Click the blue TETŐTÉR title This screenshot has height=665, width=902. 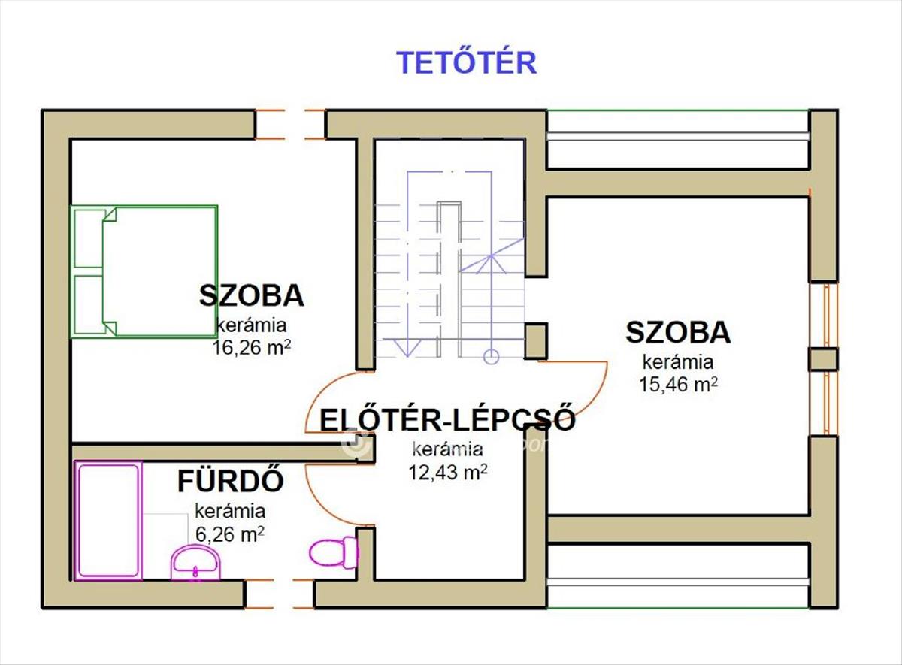pyautogui.click(x=466, y=62)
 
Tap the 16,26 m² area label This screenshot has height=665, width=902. pyautogui.click(x=251, y=347)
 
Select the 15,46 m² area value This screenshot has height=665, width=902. pyautogui.click(x=678, y=384)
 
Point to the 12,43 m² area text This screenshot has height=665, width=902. pyautogui.click(x=447, y=471)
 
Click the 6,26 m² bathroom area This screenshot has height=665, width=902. pyautogui.click(x=230, y=534)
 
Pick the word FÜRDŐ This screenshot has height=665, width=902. pyautogui.click(x=231, y=481)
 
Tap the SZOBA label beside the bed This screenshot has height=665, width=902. pyautogui.click(x=252, y=295)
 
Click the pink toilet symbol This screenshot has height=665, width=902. pyautogui.click(x=334, y=553)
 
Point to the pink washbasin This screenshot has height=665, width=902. pyautogui.click(x=196, y=563)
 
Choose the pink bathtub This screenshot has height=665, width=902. pyautogui.click(x=109, y=521)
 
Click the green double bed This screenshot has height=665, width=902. pyautogui.click(x=144, y=272)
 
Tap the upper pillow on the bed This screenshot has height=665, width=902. pyautogui.click(x=89, y=239)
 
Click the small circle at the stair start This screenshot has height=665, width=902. pyautogui.click(x=491, y=356)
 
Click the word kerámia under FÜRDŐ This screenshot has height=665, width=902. pyautogui.click(x=230, y=511)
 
